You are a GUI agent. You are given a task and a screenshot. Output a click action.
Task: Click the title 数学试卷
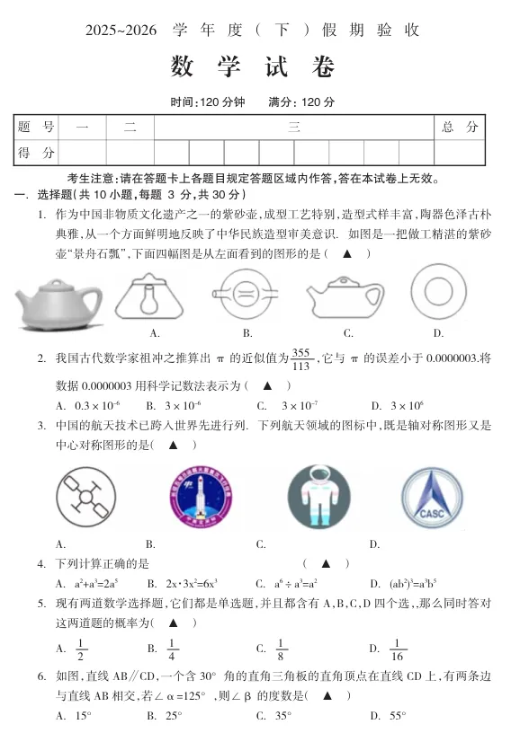(x=254, y=66)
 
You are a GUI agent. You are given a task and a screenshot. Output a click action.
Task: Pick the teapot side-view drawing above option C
(x=346, y=294)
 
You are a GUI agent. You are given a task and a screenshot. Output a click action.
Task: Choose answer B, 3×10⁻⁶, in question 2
(x=181, y=406)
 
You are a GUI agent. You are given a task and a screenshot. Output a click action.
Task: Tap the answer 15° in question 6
(x=83, y=717)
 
